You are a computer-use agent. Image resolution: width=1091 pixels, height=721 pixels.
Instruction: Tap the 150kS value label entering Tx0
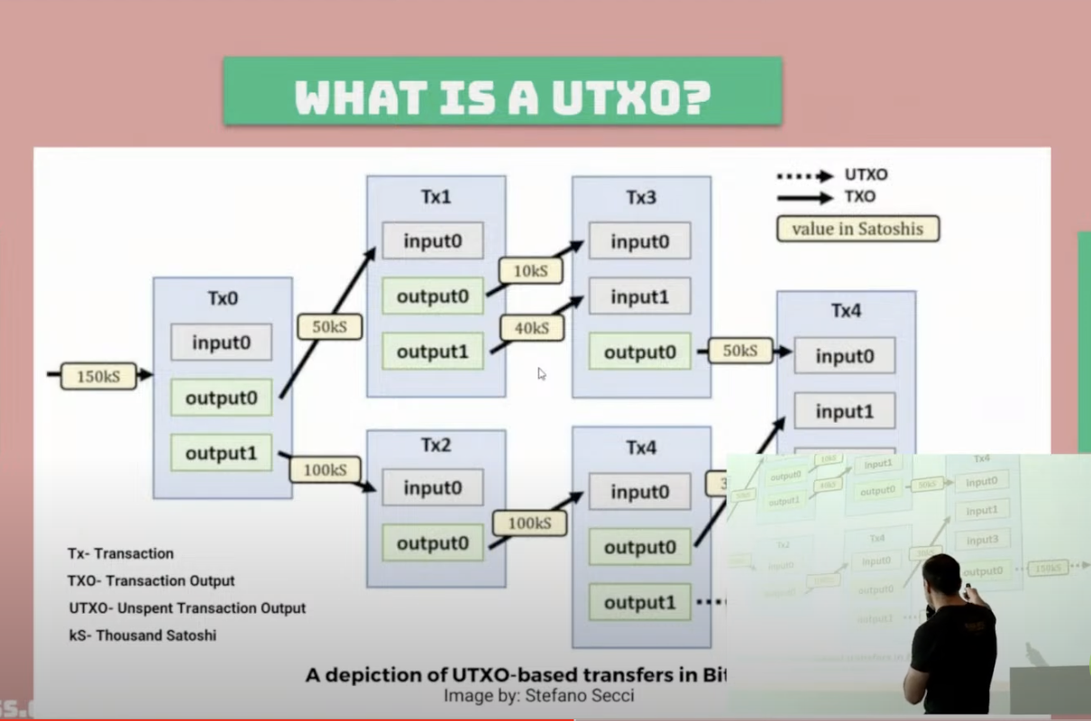pyautogui.click(x=98, y=375)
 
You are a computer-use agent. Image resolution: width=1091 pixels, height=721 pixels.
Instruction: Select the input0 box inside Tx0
pyautogui.click(x=221, y=342)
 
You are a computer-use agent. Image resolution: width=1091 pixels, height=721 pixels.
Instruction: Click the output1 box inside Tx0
pyautogui.click(x=221, y=452)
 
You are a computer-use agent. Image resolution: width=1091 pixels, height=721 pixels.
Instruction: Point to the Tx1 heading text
pyautogui.click(x=435, y=197)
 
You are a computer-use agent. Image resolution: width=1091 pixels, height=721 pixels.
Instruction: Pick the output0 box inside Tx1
pyautogui.click(x=433, y=296)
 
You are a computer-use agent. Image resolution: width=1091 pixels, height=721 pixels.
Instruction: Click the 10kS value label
pyautogui.click(x=529, y=270)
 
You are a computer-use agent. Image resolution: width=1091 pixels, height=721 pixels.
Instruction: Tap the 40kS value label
pyautogui.click(x=530, y=328)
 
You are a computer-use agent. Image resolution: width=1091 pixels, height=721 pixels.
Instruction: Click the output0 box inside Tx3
pyautogui.click(x=639, y=351)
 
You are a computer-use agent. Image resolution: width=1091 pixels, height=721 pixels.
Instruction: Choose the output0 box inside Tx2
pyautogui.click(x=433, y=543)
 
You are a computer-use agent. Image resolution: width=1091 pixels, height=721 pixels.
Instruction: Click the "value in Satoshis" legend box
pyautogui.click(x=857, y=229)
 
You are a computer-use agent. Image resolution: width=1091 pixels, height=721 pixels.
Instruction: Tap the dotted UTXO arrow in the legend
pyautogui.click(x=805, y=176)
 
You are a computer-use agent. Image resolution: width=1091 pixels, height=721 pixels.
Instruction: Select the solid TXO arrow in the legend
pyautogui.click(x=805, y=197)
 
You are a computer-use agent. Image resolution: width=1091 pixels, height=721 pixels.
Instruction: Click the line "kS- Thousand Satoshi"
pyautogui.click(x=142, y=635)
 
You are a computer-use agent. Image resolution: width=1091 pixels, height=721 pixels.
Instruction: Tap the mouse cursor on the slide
pyautogui.click(x=542, y=373)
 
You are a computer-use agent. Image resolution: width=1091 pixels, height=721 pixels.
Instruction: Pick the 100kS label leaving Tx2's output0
pyautogui.click(x=529, y=523)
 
